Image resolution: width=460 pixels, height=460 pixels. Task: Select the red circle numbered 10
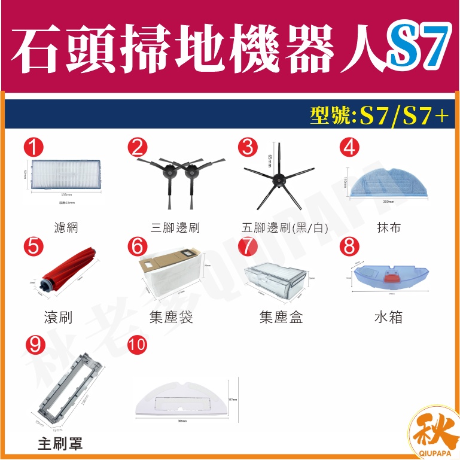pos(137,345)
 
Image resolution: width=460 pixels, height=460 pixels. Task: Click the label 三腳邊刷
pos(175,227)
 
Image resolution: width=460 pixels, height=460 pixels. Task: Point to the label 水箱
pos(388,316)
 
